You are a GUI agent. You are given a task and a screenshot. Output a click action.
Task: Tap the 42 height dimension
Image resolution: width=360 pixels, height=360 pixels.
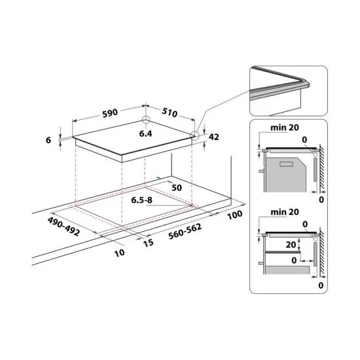[x=213, y=137]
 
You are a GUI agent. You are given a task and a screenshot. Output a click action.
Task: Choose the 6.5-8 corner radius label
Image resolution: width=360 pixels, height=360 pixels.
[x=143, y=200]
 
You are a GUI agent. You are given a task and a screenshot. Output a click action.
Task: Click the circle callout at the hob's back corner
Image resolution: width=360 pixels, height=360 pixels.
[x=145, y=122]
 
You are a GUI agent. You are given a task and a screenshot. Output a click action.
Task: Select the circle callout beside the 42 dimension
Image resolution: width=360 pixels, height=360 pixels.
[x=195, y=136]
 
